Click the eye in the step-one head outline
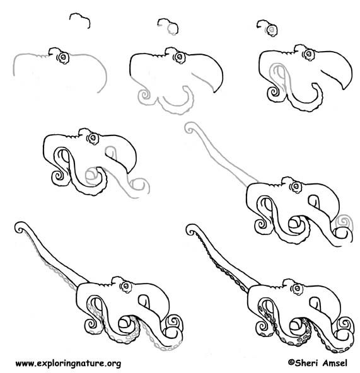coord(62,57)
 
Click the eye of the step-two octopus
coord(170,55)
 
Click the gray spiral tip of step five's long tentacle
coord(190,130)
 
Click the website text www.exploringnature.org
coord(67,364)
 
